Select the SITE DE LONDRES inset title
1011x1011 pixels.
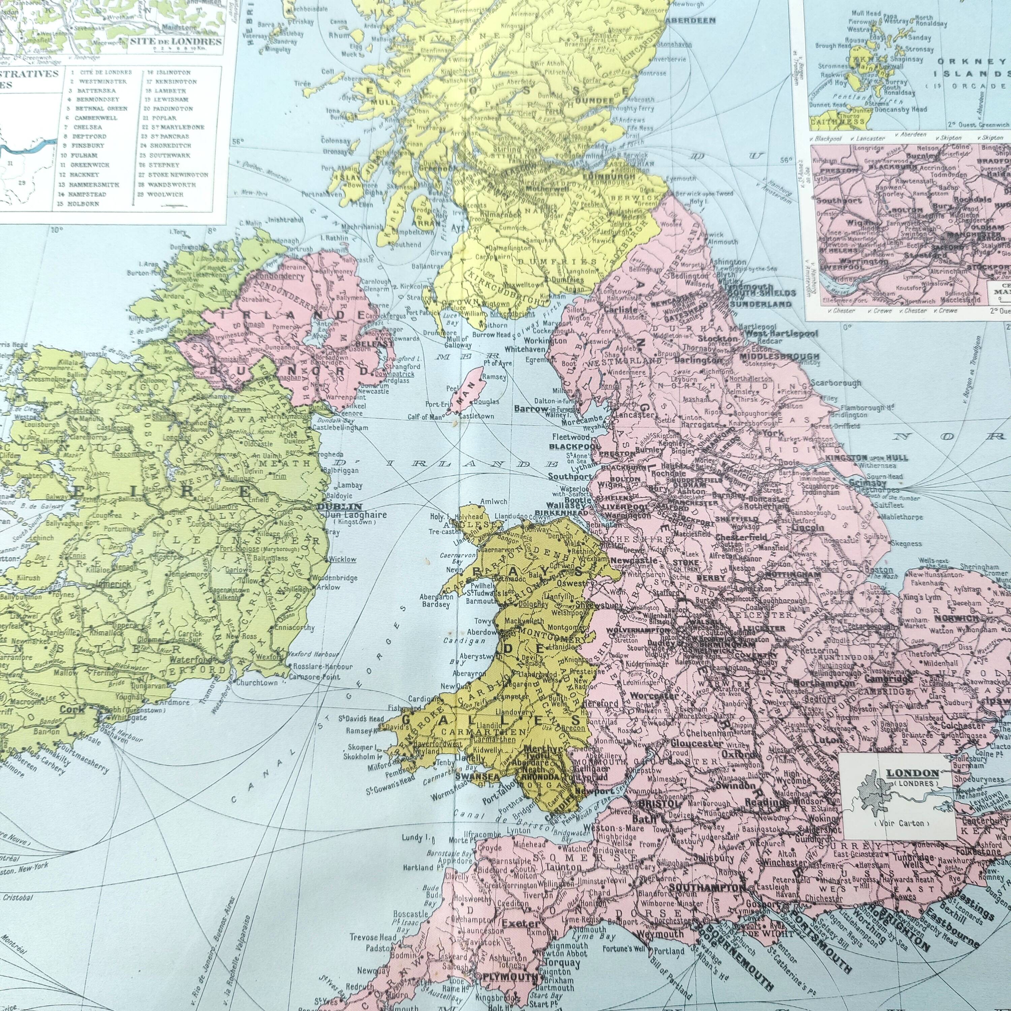[175, 41]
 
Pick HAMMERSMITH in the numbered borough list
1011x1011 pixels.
[97, 185]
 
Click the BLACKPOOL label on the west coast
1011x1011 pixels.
[574, 447]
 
